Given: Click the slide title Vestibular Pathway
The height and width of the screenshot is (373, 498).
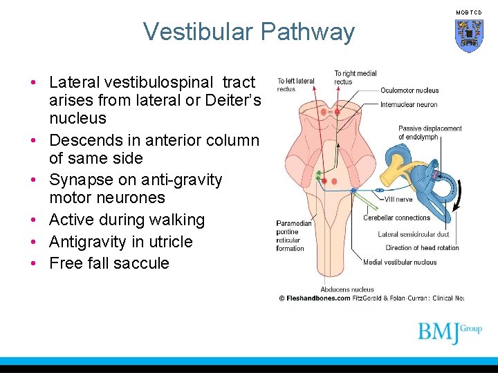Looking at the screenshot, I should click(248, 32).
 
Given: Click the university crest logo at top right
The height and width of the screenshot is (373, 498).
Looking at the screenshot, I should click(468, 35).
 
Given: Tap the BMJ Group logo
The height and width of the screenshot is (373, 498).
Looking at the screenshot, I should click(449, 332).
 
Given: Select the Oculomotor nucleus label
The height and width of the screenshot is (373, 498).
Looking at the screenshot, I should click(409, 90).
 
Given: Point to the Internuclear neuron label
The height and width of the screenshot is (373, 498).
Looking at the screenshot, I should click(409, 105).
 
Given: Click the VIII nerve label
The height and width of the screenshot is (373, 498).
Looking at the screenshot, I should click(398, 199).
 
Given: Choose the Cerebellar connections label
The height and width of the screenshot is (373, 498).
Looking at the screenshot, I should click(396, 218).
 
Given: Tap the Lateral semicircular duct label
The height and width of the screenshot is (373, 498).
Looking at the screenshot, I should click(413, 235).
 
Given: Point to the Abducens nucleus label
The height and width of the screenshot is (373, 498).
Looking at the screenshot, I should click(347, 289).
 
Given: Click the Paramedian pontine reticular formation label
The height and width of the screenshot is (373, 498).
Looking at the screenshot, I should click(294, 236).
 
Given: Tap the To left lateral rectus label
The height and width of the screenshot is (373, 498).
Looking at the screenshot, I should click(296, 85).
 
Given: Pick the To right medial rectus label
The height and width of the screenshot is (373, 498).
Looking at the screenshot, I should click(355, 77).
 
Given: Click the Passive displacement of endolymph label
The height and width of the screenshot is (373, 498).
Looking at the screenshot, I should click(430, 133).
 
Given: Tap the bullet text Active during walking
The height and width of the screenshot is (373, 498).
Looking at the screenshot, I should click(127, 220).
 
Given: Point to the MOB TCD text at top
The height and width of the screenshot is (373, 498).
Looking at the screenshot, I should click(470, 12).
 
